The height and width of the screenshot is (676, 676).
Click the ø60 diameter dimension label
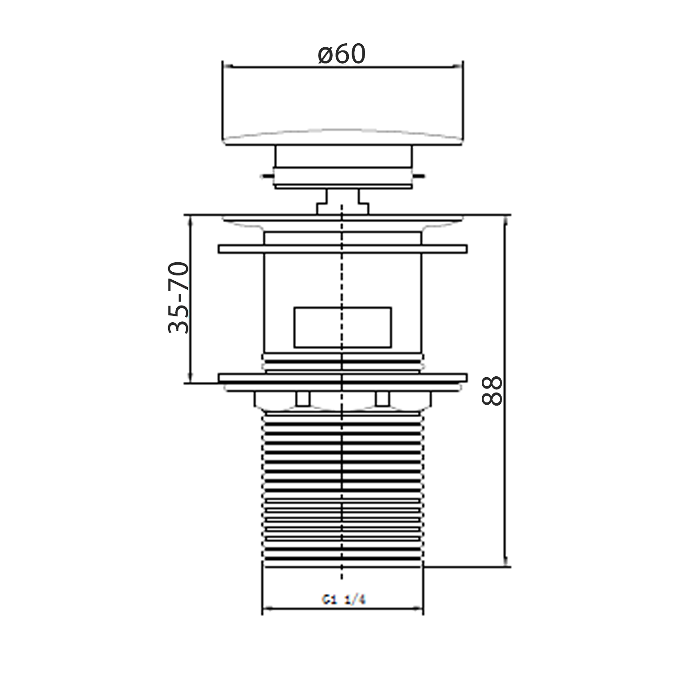(x=342, y=55)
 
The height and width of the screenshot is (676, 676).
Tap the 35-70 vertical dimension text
(x=178, y=298)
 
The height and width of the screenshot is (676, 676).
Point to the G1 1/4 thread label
(x=343, y=599)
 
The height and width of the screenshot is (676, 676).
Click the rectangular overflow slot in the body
(x=343, y=328)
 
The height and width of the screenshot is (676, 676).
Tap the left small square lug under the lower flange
(x=303, y=398)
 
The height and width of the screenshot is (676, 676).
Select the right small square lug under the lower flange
(x=382, y=398)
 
